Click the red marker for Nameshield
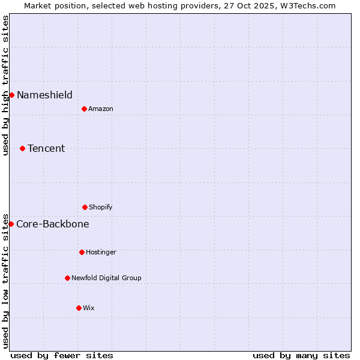click(11, 95)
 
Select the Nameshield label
click(44, 95)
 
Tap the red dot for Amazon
click(84, 109)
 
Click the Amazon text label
click(101, 109)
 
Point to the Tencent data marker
click(22, 148)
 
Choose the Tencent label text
click(46, 148)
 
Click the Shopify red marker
click(85, 207)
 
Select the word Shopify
click(101, 208)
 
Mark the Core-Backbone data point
click(11, 224)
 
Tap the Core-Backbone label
click(53, 224)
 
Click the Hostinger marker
click(82, 252)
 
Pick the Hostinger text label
click(101, 253)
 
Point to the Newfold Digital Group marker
click(67, 278)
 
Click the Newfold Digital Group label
click(106, 278)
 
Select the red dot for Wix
click(79, 308)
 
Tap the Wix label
click(89, 308)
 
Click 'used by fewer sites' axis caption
click(62, 355)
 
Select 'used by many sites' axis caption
click(301, 355)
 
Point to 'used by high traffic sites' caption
click(5, 85)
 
